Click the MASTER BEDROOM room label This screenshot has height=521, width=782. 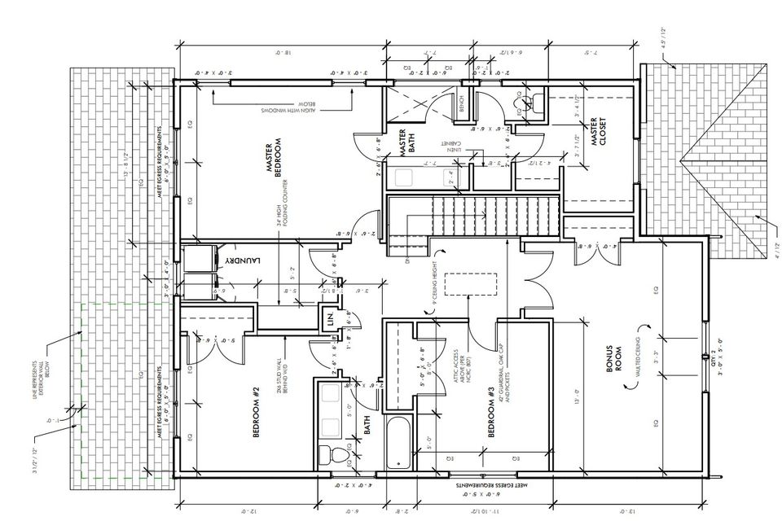[x=274, y=158]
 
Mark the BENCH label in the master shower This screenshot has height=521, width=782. [x=461, y=104]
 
